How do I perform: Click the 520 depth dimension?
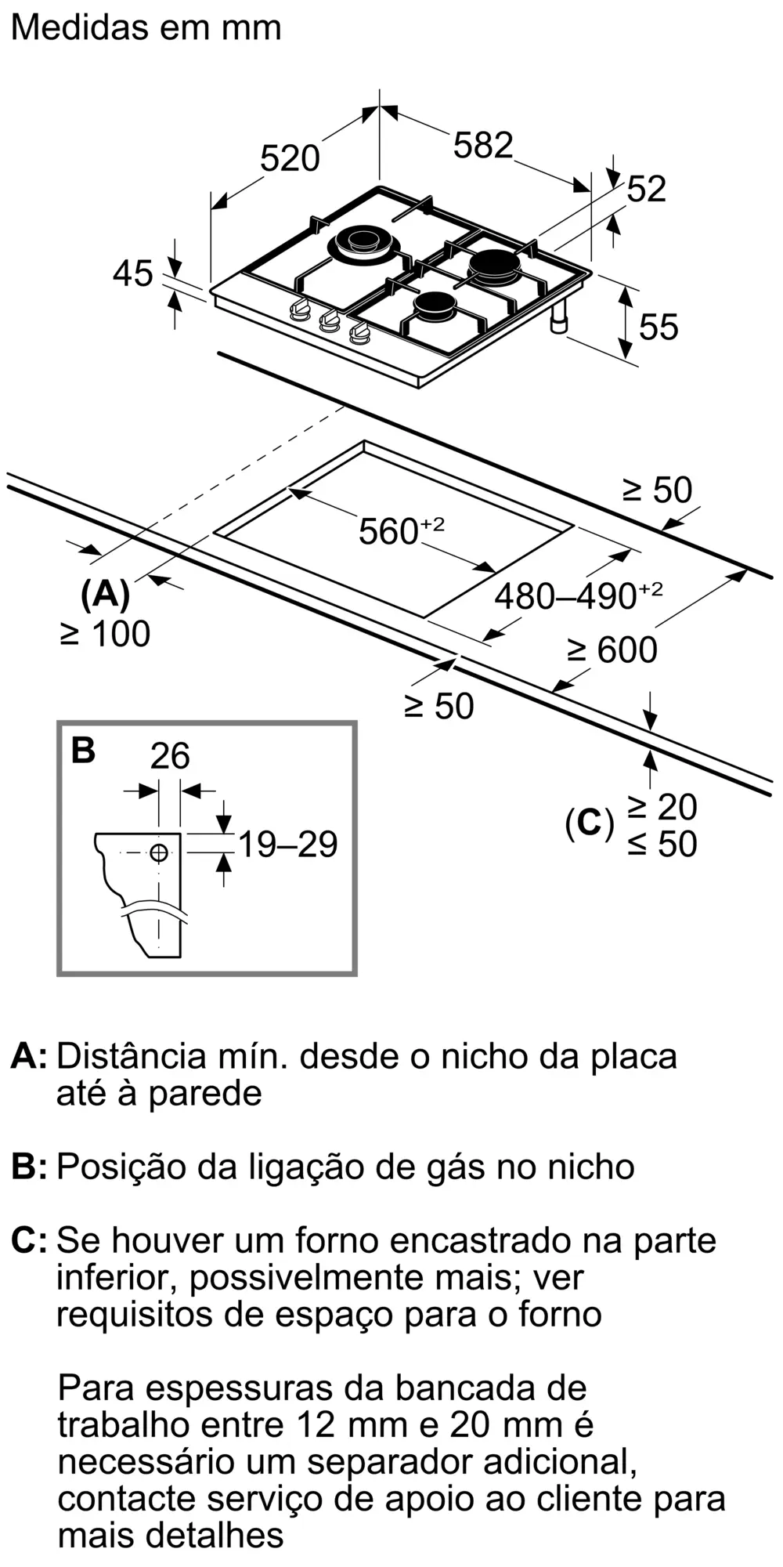[x=290, y=158]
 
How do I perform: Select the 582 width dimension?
[x=483, y=146]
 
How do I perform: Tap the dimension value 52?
[x=646, y=190]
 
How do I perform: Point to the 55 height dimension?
[x=658, y=327]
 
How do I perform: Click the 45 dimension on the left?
[x=132, y=274]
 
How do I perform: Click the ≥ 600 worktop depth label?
[x=612, y=650]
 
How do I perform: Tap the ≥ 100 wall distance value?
[x=105, y=634]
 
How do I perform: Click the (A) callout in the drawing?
[x=105, y=595]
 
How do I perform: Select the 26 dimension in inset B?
[x=170, y=756]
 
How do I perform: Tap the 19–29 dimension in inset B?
[x=287, y=845]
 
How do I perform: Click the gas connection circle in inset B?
[x=159, y=852]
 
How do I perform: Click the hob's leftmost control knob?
[x=298, y=311]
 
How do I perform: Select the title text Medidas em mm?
[x=146, y=28]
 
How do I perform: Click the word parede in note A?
[x=205, y=1093]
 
